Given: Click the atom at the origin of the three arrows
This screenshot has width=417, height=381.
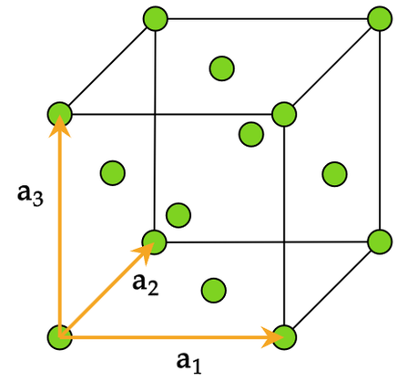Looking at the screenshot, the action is point(60,337).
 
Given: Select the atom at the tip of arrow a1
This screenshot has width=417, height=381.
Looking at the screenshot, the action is point(284,337).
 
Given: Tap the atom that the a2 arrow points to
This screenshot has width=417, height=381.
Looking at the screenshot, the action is point(154,242).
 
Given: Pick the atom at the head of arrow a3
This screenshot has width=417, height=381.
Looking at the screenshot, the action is point(60,115).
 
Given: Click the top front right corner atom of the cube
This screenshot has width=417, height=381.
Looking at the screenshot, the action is point(284,115).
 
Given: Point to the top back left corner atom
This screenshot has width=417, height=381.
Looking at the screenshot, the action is point(156,18).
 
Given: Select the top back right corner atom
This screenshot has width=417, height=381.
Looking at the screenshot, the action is point(380,18).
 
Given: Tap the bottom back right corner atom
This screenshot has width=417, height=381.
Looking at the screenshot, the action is point(380,242).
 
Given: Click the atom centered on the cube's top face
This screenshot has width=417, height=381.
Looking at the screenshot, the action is point(222,68).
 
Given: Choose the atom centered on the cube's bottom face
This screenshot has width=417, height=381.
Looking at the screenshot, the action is point(214,291).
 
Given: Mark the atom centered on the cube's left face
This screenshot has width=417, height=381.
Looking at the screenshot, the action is point(113,172).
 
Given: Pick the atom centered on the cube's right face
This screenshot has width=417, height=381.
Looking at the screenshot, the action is point(334,174).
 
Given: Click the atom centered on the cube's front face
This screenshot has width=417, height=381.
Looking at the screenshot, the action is point(178,215).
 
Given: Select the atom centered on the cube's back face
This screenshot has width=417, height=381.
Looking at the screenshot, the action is point(251,134).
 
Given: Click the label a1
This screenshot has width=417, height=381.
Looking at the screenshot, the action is point(189,363).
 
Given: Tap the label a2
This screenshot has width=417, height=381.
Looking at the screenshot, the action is point(146,284).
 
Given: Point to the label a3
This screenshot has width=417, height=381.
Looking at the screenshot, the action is point(30,196).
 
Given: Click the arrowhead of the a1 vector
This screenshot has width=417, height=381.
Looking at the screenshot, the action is point(272,337).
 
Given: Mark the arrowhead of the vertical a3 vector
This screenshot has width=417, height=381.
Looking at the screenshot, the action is point(60,126).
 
